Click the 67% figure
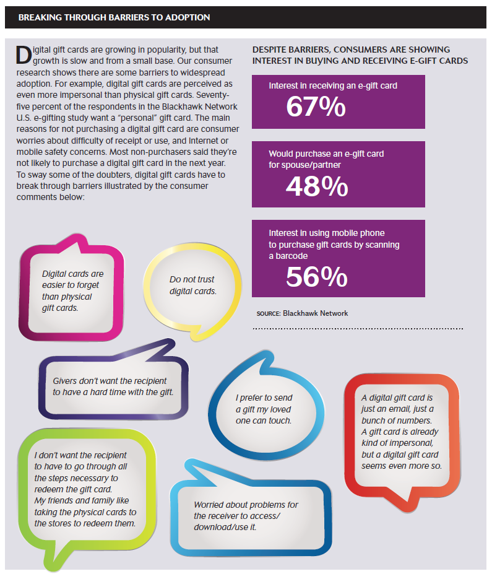click(316, 107)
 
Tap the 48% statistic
click(317, 186)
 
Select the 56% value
click(317, 277)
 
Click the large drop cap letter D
click(24, 55)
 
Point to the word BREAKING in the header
click(40, 17)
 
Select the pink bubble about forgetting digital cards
click(71, 288)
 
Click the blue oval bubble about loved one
click(265, 406)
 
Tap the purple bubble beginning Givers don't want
click(113, 384)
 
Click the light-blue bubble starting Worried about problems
click(251, 513)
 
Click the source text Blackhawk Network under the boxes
click(315, 313)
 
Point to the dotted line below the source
click(358, 328)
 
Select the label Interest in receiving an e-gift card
click(333, 85)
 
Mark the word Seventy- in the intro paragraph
click(213, 95)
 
